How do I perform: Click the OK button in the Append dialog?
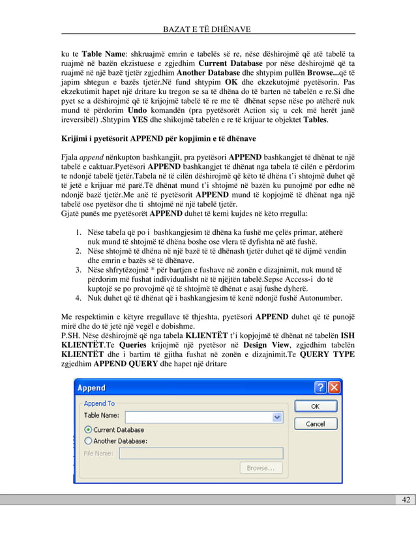click(x=315, y=406)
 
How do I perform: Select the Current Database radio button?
click(x=87, y=430)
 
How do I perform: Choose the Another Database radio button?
click(x=87, y=440)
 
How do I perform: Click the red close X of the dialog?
click(x=334, y=388)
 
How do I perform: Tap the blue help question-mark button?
click(x=320, y=388)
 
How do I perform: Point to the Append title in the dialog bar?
click(x=92, y=388)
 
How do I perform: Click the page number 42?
click(x=406, y=500)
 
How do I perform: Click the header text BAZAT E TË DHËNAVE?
click(x=208, y=29)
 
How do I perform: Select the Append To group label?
click(x=99, y=403)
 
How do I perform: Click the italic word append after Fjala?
click(x=91, y=157)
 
